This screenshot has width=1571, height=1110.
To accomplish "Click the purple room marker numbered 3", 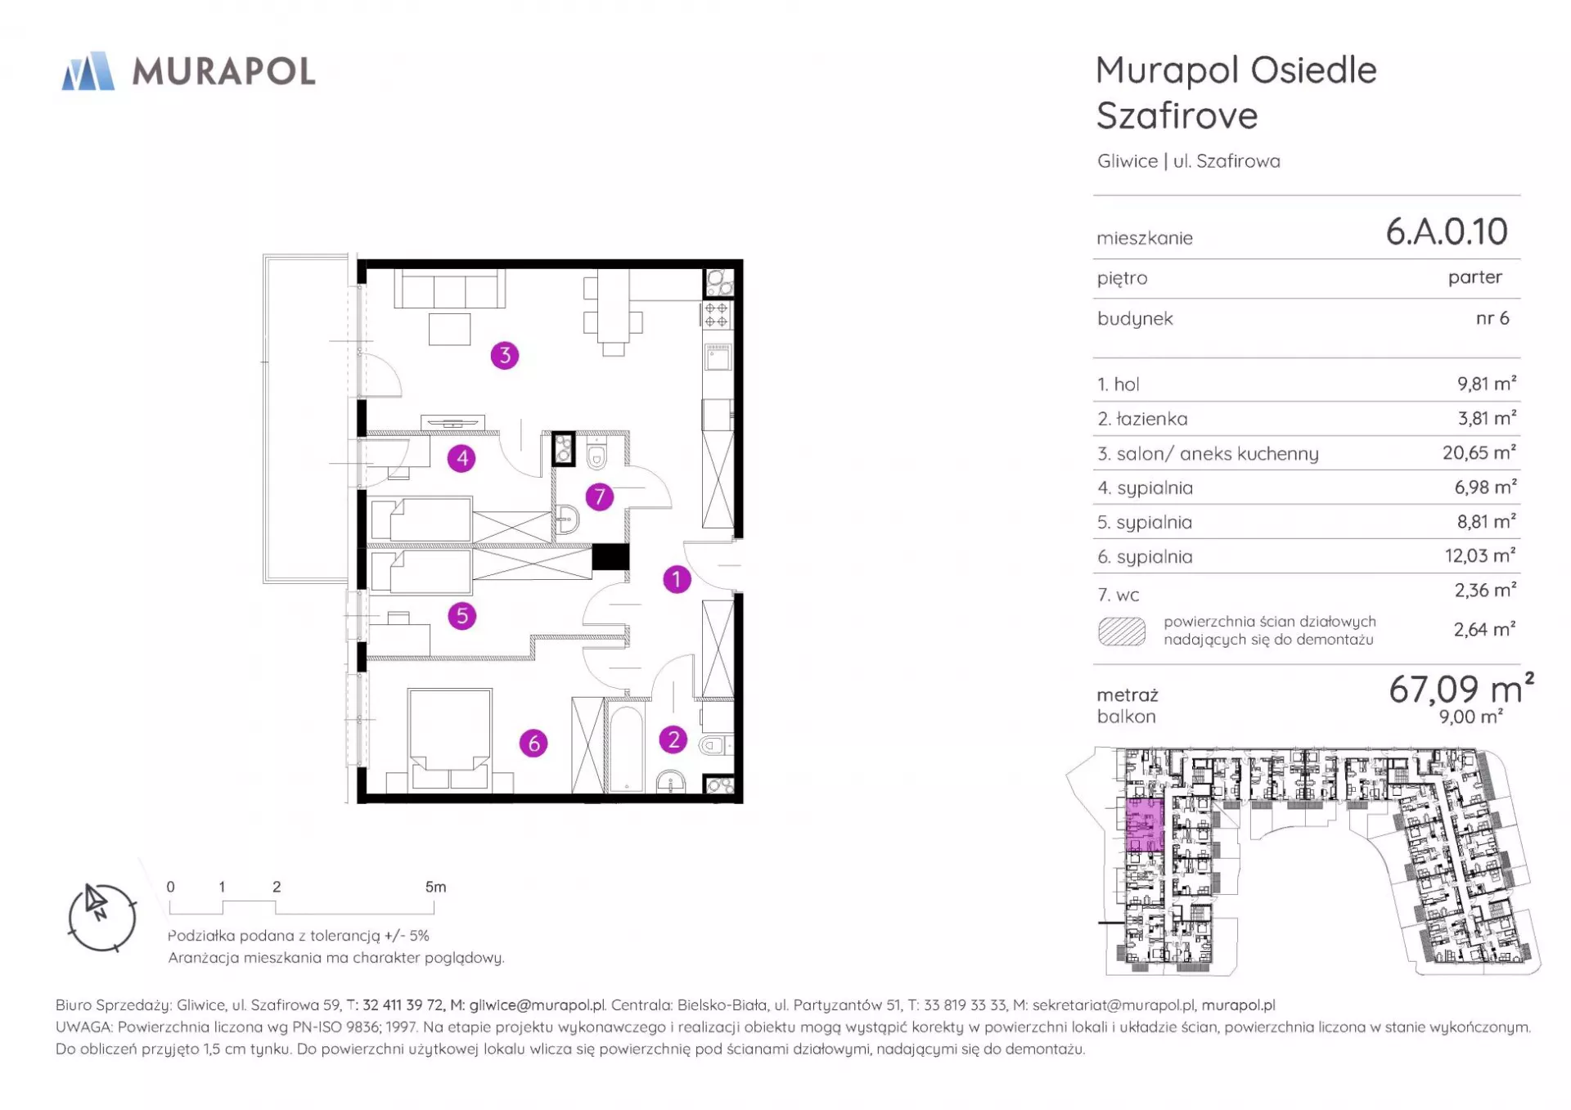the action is pos(505,355).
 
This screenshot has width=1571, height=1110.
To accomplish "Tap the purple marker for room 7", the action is pos(600,497).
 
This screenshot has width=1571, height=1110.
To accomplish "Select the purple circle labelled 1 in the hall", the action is pos(677,579).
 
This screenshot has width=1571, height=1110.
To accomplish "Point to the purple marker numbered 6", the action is pos(533,743).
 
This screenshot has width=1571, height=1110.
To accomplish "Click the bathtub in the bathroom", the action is pos(627,748).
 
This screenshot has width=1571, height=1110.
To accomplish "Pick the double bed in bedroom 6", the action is pos(450,739).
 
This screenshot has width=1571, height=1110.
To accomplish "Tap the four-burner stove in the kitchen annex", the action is pos(717,314).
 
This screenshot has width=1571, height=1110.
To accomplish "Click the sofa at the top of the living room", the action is pos(449,289).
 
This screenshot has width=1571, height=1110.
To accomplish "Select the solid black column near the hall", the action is pos(610,557).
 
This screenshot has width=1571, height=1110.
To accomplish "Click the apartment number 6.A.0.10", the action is pos(1447,231).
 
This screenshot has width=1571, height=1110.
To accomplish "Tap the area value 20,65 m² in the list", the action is pos(1479,452).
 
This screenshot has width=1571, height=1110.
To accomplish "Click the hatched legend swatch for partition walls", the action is pos(1122,631).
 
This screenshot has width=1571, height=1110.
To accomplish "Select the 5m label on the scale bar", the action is pos(435,887).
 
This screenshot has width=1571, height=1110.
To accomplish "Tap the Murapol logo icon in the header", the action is pos(88,71).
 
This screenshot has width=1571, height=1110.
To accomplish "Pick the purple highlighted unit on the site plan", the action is pos(1145,825).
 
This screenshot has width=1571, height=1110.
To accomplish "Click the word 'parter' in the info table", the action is pos(1475,277).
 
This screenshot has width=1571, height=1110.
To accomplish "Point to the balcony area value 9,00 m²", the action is pos(1470,717).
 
